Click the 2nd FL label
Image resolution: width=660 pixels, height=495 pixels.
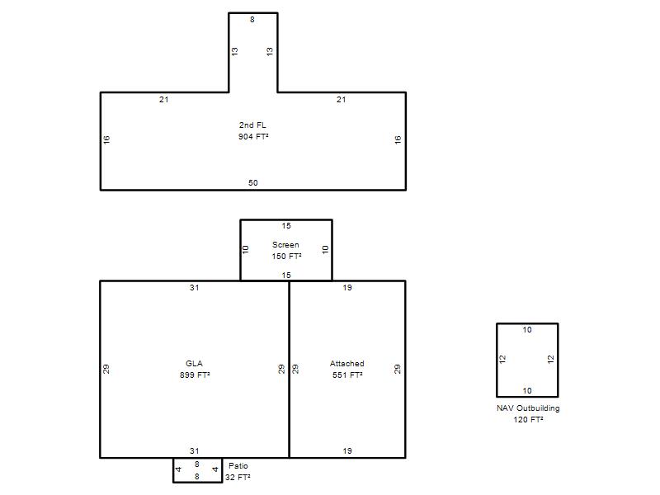tap(252, 125)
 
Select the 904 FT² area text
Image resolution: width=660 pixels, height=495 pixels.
tap(253, 136)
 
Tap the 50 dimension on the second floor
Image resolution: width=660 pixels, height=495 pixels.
tap(253, 182)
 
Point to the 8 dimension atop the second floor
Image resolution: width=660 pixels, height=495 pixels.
tap(252, 19)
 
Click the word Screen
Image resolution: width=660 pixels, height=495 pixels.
tap(285, 244)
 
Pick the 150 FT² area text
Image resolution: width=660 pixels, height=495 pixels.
tap(286, 256)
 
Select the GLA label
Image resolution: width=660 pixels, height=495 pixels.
tap(194, 363)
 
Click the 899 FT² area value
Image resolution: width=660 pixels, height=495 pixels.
tap(195, 375)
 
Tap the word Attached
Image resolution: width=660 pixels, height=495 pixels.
tap(346, 363)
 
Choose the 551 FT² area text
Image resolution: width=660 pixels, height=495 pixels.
tap(347, 375)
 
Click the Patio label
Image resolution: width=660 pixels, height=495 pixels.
tap(238, 465)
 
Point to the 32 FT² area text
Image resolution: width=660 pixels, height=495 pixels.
tap(238, 477)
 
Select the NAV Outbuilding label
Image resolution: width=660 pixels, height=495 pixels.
tap(528, 408)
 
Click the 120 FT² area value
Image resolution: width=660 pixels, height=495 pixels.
tap(528, 419)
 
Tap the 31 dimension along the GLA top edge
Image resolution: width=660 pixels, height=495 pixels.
tap(194, 287)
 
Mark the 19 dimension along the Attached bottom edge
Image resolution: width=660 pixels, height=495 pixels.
tap(347, 450)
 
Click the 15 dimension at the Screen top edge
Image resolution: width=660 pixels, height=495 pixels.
tap(286, 225)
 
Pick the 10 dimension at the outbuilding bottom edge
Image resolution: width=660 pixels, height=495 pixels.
tap(527, 390)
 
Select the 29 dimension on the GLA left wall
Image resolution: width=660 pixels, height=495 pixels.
tap(106, 369)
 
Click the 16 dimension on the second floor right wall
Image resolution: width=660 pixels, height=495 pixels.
tap(398, 139)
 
